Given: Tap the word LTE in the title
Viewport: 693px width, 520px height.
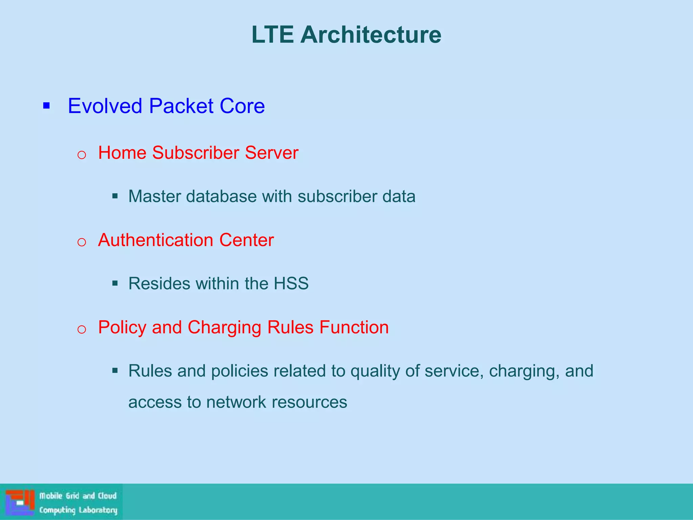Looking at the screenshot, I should click(x=272, y=35).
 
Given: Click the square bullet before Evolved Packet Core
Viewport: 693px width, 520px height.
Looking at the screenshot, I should click(x=46, y=106).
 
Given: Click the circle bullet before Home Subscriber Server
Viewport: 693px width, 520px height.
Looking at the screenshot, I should click(x=82, y=155).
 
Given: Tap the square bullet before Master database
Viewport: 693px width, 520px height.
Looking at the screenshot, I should click(x=115, y=196).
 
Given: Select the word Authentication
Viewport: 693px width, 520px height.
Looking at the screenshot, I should click(x=156, y=240).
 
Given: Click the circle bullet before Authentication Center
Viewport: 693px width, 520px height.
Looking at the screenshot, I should click(x=82, y=242).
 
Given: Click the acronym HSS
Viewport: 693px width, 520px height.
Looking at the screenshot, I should click(x=291, y=283).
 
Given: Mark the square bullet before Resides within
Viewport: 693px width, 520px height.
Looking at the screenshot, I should click(x=115, y=283).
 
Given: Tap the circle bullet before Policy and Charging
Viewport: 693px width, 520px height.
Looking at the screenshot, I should click(x=82, y=329).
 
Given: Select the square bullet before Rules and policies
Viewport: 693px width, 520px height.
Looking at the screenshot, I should click(x=115, y=371).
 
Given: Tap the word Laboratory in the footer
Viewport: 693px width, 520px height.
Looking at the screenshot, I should click(x=98, y=510).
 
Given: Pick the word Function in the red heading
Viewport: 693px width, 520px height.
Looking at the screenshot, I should click(x=354, y=327).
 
